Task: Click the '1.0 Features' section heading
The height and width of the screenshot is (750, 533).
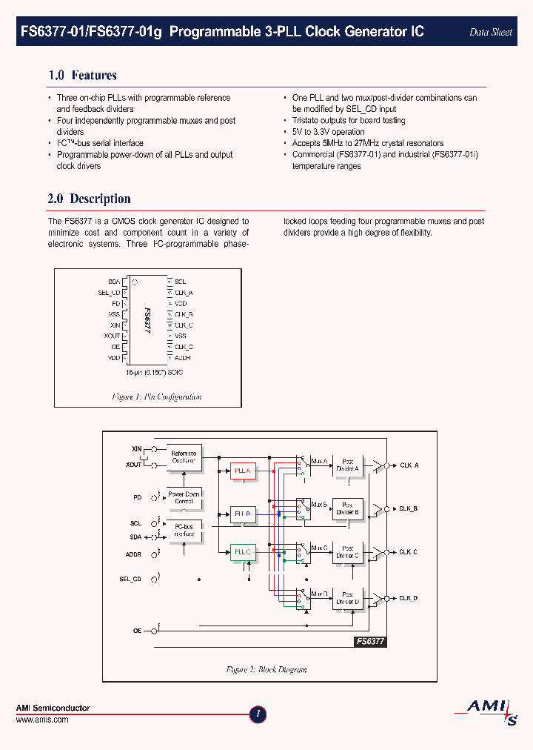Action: [82, 76]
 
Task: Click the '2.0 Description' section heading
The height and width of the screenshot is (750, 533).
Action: [89, 199]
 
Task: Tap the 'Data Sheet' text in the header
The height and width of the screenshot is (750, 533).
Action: [491, 33]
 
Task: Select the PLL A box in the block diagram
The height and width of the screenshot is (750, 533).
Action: [243, 471]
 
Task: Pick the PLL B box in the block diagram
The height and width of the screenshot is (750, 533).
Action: [243, 513]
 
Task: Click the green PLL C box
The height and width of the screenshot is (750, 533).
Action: [243, 552]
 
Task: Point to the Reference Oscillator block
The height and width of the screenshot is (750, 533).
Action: [184, 457]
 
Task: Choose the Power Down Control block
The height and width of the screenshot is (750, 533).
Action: [184, 497]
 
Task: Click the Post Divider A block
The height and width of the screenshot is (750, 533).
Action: [348, 465]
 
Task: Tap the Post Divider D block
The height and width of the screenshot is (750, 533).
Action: [348, 597]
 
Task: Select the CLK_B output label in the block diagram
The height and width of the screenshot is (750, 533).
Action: [409, 509]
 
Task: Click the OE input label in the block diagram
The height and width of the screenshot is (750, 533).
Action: [137, 631]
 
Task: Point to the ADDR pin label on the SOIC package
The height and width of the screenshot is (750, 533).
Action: [183, 357]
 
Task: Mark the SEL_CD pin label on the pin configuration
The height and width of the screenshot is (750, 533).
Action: [109, 293]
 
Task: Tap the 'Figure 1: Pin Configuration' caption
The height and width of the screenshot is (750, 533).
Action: [157, 397]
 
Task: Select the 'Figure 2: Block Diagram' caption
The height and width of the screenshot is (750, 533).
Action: [266, 669]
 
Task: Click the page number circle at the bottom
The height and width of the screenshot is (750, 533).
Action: [258, 714]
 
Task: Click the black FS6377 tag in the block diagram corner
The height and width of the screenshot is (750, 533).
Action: [370, 642]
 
